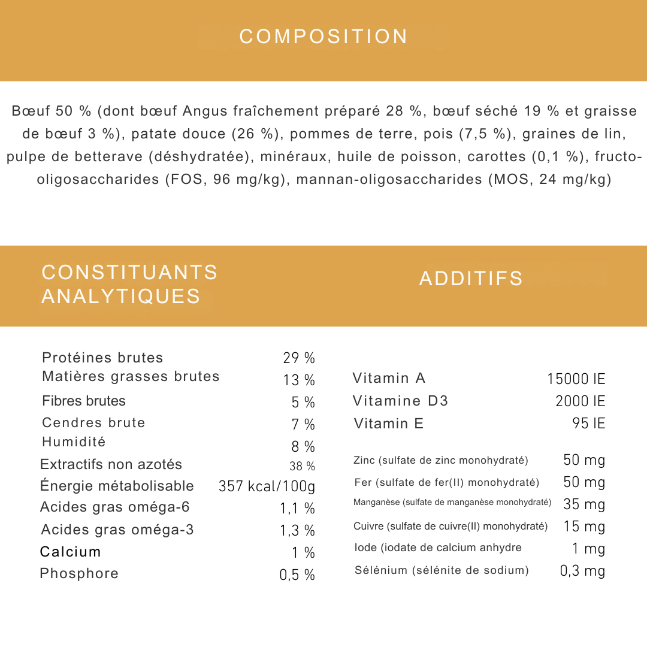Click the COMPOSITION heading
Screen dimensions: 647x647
point(323,37)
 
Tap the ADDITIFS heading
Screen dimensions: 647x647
point(471,279)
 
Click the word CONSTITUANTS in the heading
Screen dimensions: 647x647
point(129,273)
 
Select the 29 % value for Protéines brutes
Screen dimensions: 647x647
point(299,358)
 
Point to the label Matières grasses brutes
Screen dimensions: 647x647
point(131,376)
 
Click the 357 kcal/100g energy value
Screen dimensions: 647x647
point(267,486)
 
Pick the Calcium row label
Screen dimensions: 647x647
point(71,552)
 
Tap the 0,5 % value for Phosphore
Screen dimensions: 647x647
point(297,575)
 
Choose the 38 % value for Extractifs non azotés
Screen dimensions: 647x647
point(302,466)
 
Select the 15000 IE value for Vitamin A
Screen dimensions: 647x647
point(576,379)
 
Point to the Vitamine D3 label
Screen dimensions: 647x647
point(400,401)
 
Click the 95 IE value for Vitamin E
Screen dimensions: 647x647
point(588,424)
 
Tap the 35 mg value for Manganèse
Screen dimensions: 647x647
point(584,504)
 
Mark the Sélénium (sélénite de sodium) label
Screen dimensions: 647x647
point(442,570)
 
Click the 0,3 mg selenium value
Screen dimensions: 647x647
point(582,571)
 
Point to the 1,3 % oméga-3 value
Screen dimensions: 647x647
point(297,530)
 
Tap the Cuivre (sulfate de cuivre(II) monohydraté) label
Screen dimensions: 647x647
point(451,527)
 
